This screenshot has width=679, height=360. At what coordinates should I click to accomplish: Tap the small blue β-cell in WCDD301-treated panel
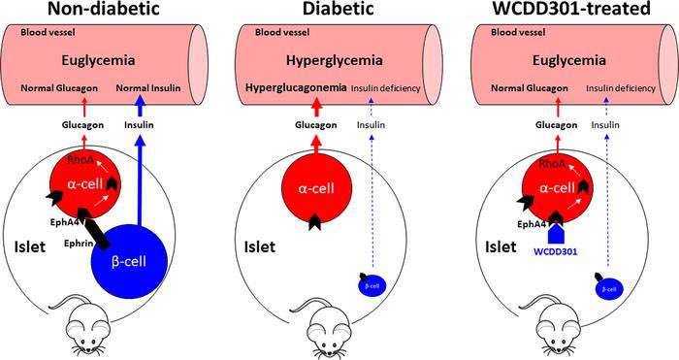coord(606,287)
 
